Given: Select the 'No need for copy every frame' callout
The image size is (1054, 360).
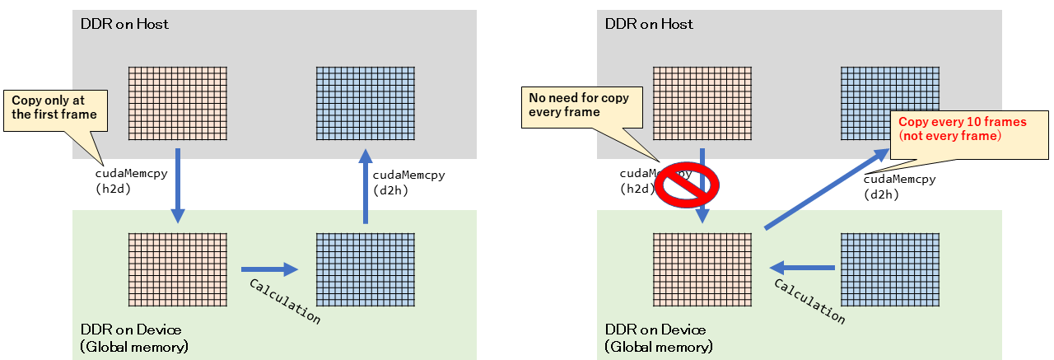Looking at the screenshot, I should pyautogui.click(x=578, y=105).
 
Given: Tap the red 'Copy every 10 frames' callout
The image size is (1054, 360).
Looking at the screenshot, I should pyautogui.click(x=968, y=129).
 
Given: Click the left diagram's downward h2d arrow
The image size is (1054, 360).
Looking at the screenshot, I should pyautogui.click(x=177, y=185).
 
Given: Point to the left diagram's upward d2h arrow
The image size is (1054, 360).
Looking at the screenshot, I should pyautogui.click(x=365, y=185).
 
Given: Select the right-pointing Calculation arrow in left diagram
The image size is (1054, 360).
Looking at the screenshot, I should pyautogui.click(x=268, y=269).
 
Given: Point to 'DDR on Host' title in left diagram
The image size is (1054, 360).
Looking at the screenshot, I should pyautogui.click(x=124, y=24).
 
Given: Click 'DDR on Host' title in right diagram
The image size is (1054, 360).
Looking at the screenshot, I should pyautogui.click(x=649, y=24).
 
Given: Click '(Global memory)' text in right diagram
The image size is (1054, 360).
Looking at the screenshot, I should pyautogui.click(x=659, y=347).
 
